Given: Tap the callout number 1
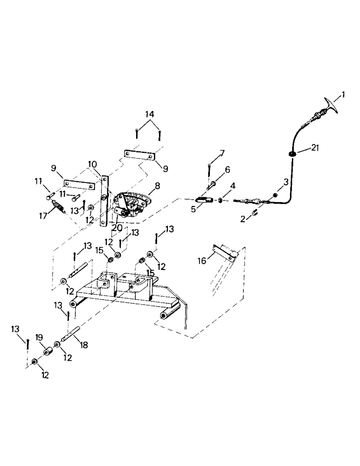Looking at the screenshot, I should tap(343, 95).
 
